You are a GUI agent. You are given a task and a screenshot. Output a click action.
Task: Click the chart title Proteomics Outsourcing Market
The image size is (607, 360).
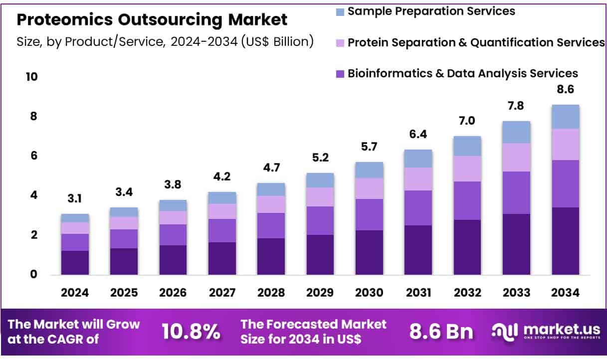[x=152, y=20]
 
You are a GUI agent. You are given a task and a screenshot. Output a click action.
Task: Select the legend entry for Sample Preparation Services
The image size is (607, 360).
[x=431, y=10]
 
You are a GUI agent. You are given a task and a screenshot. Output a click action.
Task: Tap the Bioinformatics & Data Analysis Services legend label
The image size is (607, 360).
[x=462, y=73]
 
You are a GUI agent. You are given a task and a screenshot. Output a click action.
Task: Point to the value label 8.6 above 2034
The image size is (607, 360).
[x=565, y=90]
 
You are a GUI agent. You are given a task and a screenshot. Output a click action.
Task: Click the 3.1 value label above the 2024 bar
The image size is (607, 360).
[x=75, y=199]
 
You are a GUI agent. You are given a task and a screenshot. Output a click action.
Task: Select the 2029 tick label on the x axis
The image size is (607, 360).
[x=320, y=293]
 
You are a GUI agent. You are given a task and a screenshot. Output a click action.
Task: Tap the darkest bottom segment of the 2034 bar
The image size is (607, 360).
[x=565, y=241]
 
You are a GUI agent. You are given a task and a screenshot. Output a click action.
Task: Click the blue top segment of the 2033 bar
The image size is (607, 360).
[x=516, y=132]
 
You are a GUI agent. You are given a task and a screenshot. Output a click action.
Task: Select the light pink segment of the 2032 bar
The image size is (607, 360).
[x=467, y=169]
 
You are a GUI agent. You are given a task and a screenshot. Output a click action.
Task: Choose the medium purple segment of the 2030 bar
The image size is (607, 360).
[x=369, y=214]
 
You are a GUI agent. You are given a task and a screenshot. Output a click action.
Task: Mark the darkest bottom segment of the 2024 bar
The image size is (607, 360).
[x=75, y=262]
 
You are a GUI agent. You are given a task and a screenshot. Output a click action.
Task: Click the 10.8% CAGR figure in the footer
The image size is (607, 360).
[x=191, y=331]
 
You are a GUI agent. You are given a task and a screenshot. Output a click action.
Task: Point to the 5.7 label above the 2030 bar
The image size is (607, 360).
[x=369, y=147]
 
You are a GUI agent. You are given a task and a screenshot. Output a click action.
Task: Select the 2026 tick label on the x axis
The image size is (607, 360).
[x=173, y=293]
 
